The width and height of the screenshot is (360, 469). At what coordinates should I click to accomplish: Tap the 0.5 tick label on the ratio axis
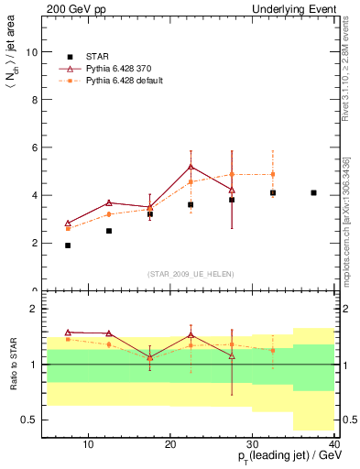(31, 420)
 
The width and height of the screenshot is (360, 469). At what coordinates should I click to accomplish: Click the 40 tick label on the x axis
(334, 445)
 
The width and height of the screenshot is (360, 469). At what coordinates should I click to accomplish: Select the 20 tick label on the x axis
(170, 445)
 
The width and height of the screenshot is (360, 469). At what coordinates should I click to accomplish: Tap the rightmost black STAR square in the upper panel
(313, 193)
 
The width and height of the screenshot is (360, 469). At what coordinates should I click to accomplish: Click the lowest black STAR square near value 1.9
(68, 245)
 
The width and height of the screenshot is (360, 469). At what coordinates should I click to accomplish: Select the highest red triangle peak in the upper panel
(191, 167)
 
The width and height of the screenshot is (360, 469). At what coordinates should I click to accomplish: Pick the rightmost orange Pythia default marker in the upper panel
(273, 174)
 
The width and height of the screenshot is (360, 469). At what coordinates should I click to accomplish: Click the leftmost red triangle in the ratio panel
(68, 333)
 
